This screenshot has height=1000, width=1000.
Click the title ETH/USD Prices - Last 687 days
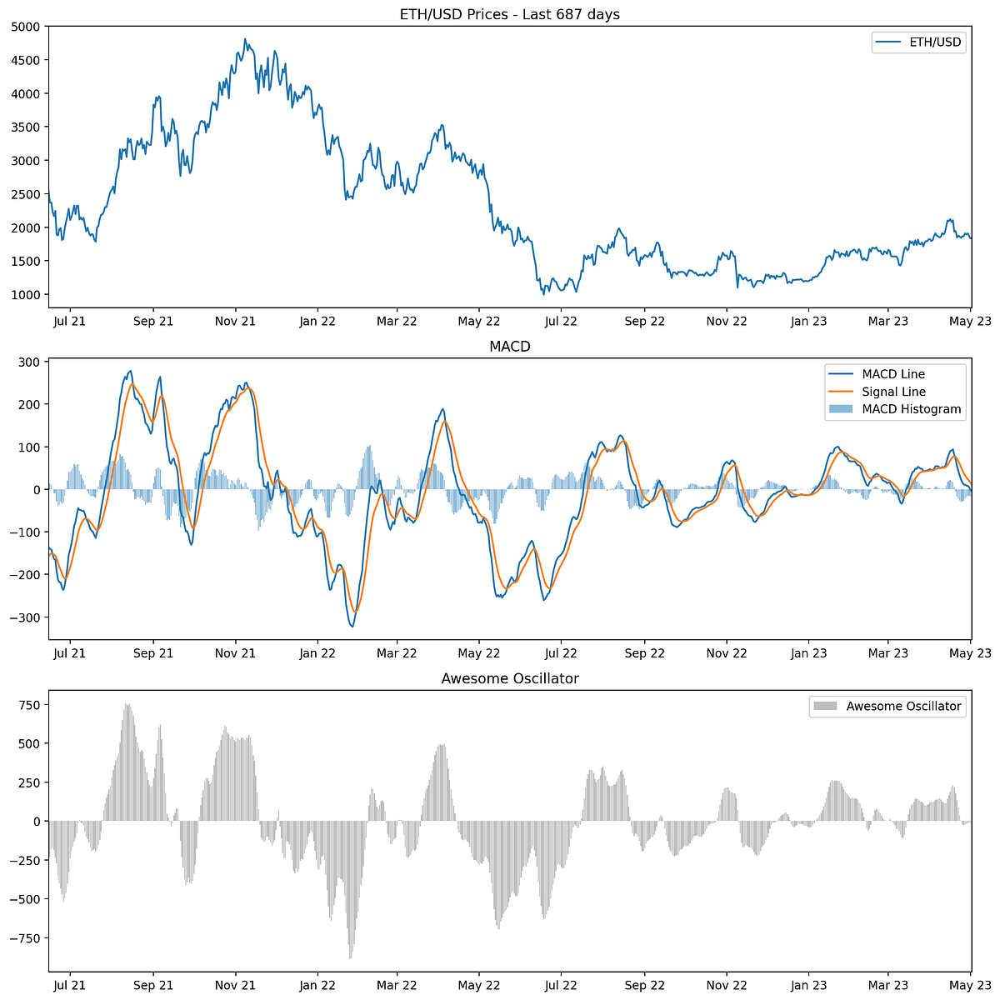pyautogui.click(x=509, y=14)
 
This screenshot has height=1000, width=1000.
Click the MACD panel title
pyautogui.click(x=509, y=347)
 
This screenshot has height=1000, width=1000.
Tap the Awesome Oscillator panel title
pyautogui.click(x=509, y=678)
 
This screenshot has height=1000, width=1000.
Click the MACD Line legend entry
pyautogui.click(x=893, y=373)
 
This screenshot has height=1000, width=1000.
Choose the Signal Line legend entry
pyautogui.click(x=893, y=391)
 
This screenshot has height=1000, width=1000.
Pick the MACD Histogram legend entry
pyautogui.click(x=911, y=409)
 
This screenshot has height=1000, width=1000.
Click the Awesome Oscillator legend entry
pyautogui.click(x=903, y=706)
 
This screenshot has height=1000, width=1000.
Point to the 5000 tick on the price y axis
pyautogui.click(x=27, y=27)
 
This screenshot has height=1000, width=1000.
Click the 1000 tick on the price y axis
pyautogui.click(x=27, y=295)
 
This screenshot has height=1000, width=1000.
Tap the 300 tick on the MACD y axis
pyautogui.click(x=31, y=362)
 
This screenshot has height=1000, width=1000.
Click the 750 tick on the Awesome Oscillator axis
pyautogui.click(x=31, y=704)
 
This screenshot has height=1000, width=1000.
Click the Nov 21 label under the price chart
pyautogui.click(x=235, y=321)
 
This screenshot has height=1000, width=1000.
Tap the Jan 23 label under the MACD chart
pyautogui.click(x=807, y=653)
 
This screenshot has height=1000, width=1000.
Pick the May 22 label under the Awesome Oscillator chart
pyautogui.click(x=479, y=985)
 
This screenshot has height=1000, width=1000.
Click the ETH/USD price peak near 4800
pyautogui.click(x=245, y=38)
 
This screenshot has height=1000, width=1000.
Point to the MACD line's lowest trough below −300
pyautogui.click(x=352, y=626)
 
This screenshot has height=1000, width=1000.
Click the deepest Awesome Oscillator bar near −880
pyautogui.click(x=350, y=957)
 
